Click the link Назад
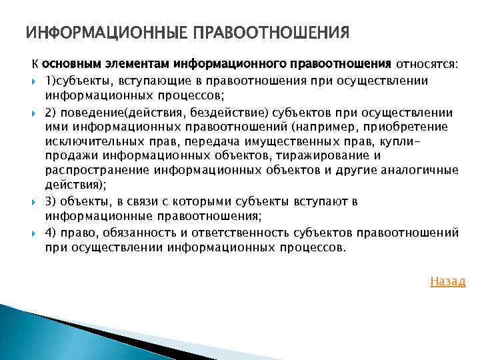447,281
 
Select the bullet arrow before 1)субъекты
35,81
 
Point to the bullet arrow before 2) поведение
35,113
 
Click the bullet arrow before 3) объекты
35,201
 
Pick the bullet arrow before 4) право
35,233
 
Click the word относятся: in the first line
427,65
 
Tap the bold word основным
69,65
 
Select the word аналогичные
419,170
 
